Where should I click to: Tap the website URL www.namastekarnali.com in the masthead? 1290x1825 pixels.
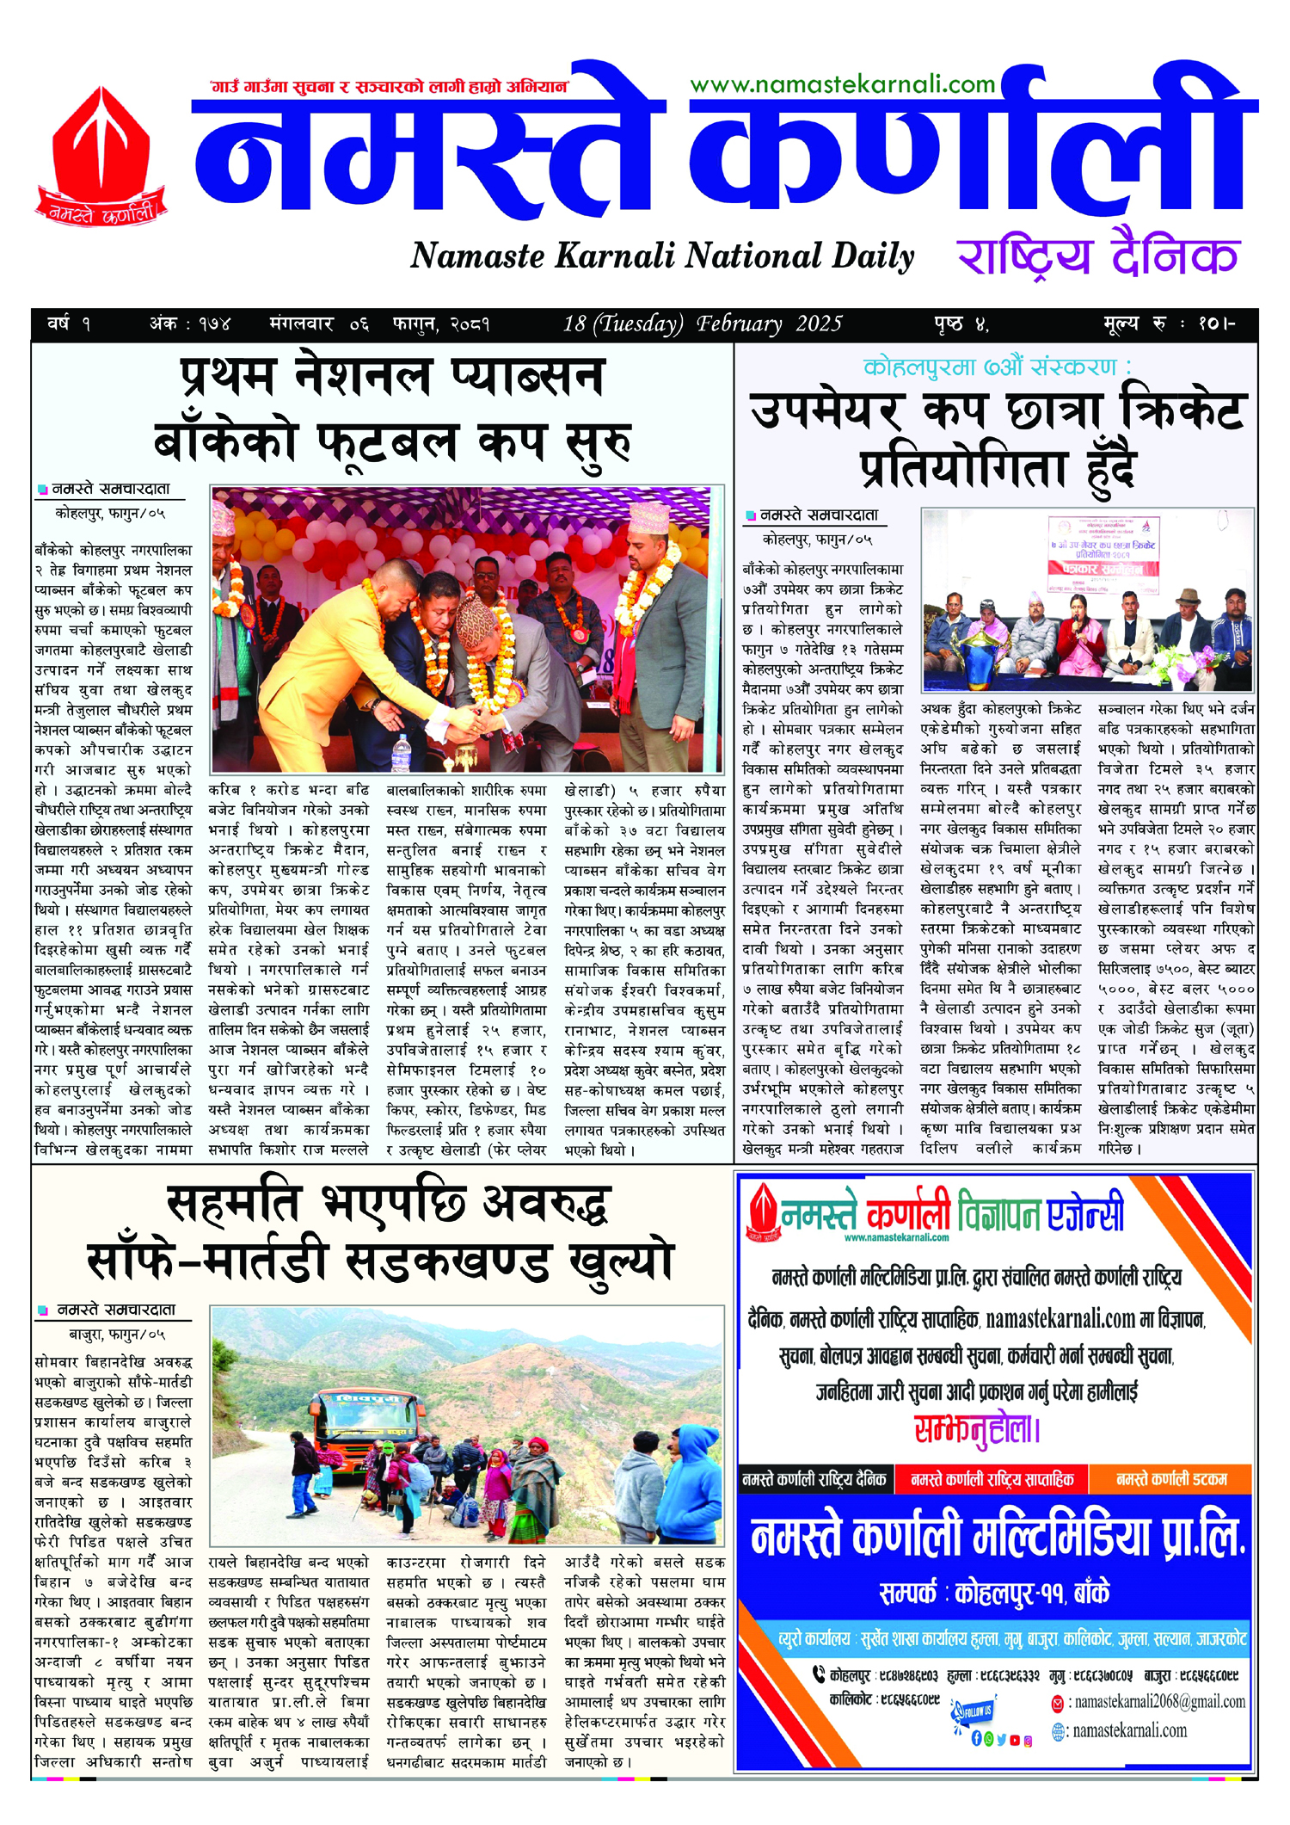[842, 84]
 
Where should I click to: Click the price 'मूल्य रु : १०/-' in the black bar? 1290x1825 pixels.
[1169, 324]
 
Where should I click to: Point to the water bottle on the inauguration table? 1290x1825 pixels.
[401, 751]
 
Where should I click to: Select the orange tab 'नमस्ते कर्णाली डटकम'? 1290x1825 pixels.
[1170, 1479]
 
